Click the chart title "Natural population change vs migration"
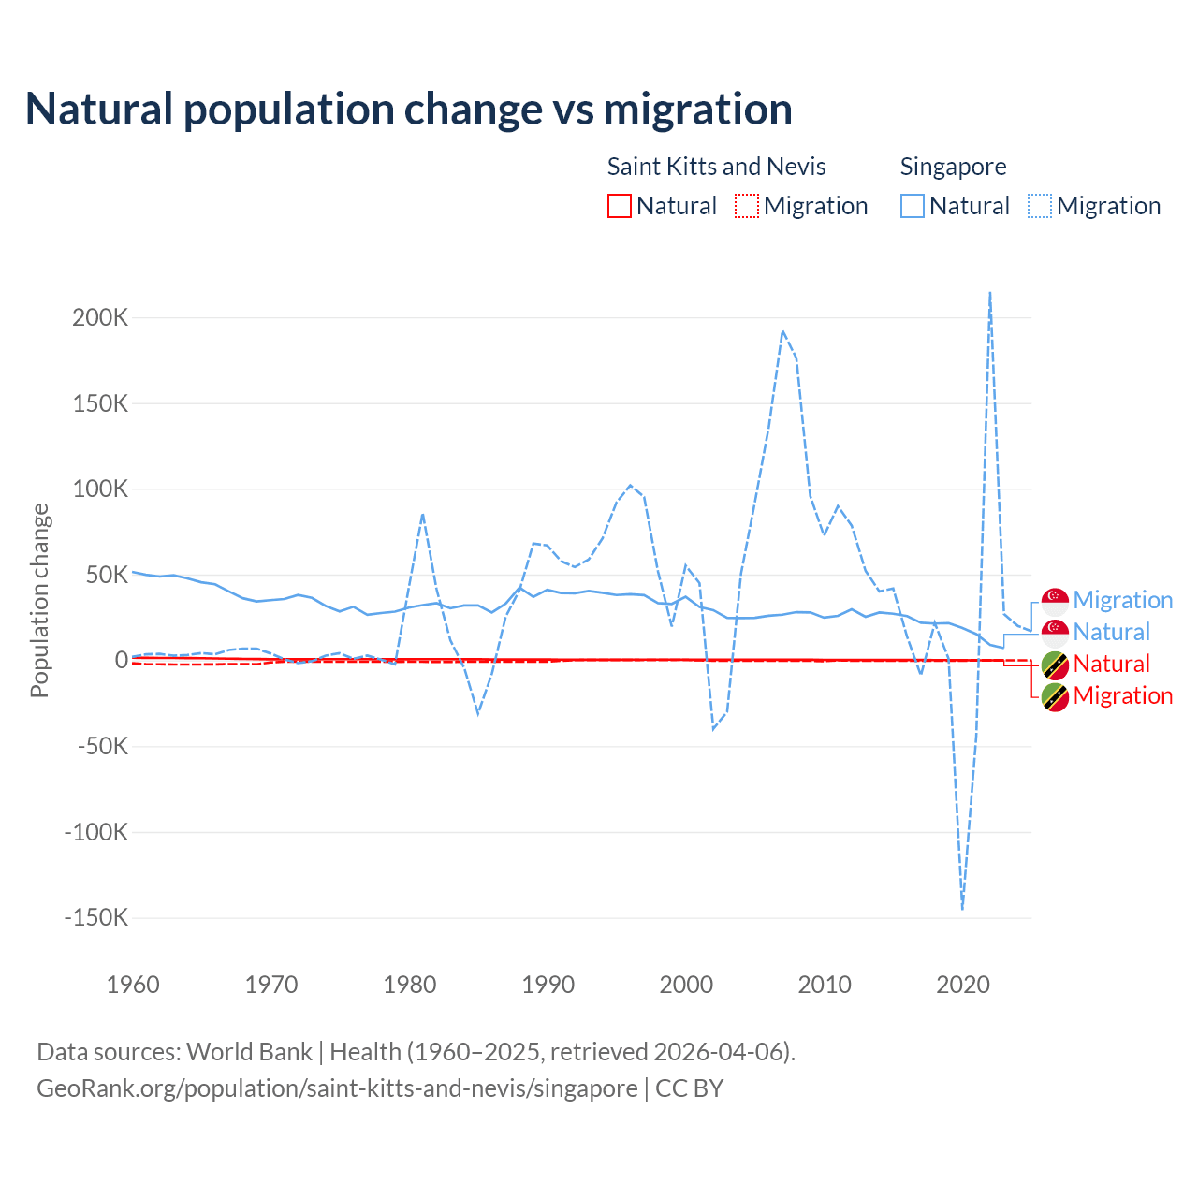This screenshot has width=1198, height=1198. [409, 110]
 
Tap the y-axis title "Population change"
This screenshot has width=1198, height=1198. [39, 600]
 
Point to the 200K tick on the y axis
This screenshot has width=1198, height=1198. [100, 317]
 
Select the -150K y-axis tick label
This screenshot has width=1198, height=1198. [95, 917]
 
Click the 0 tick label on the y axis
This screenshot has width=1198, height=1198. [121, 660]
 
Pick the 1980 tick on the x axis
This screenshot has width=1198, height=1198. [410, 985]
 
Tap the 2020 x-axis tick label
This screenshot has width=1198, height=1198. [963, 985]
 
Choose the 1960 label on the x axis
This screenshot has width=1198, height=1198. [133, 985]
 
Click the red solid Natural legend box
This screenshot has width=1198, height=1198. [620, 206]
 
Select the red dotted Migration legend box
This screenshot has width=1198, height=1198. [747, 206]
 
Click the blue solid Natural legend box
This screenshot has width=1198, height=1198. [913, 206]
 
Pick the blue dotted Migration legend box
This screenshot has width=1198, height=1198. [1040, 206]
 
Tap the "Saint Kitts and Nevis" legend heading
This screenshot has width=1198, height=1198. [716, 167]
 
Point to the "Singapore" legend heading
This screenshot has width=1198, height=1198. [953, 167]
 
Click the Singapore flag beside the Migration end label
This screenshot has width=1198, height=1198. [1055, 601]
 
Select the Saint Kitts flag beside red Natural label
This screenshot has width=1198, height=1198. [1055, 665]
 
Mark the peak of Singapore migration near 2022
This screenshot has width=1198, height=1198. [990, 293]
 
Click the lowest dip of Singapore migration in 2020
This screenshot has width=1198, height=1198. [962, 908]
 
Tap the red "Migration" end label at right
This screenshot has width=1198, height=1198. [1122, 696]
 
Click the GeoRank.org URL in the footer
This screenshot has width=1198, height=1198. [337, 1088]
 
